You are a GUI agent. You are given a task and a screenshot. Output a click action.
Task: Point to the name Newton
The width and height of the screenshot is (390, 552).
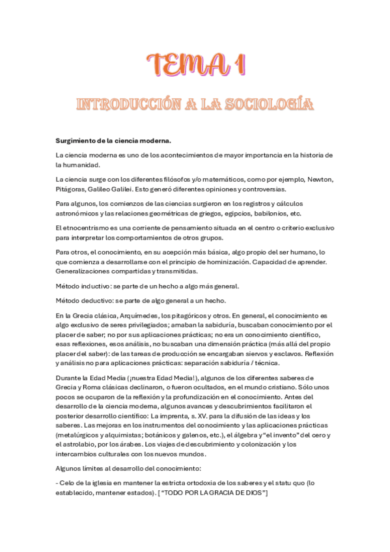coord(316,179)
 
